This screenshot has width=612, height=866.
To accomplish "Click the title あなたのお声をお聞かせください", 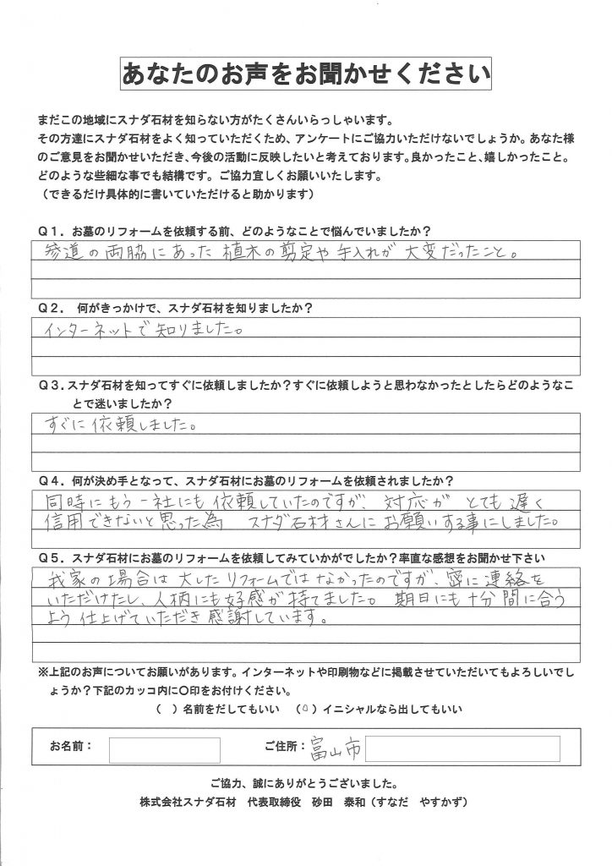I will [306, 74].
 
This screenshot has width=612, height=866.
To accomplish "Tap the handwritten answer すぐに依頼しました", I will [120, 423].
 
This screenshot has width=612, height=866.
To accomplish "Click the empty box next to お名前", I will [165, 749].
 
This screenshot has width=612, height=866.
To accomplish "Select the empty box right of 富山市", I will [462, 748].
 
